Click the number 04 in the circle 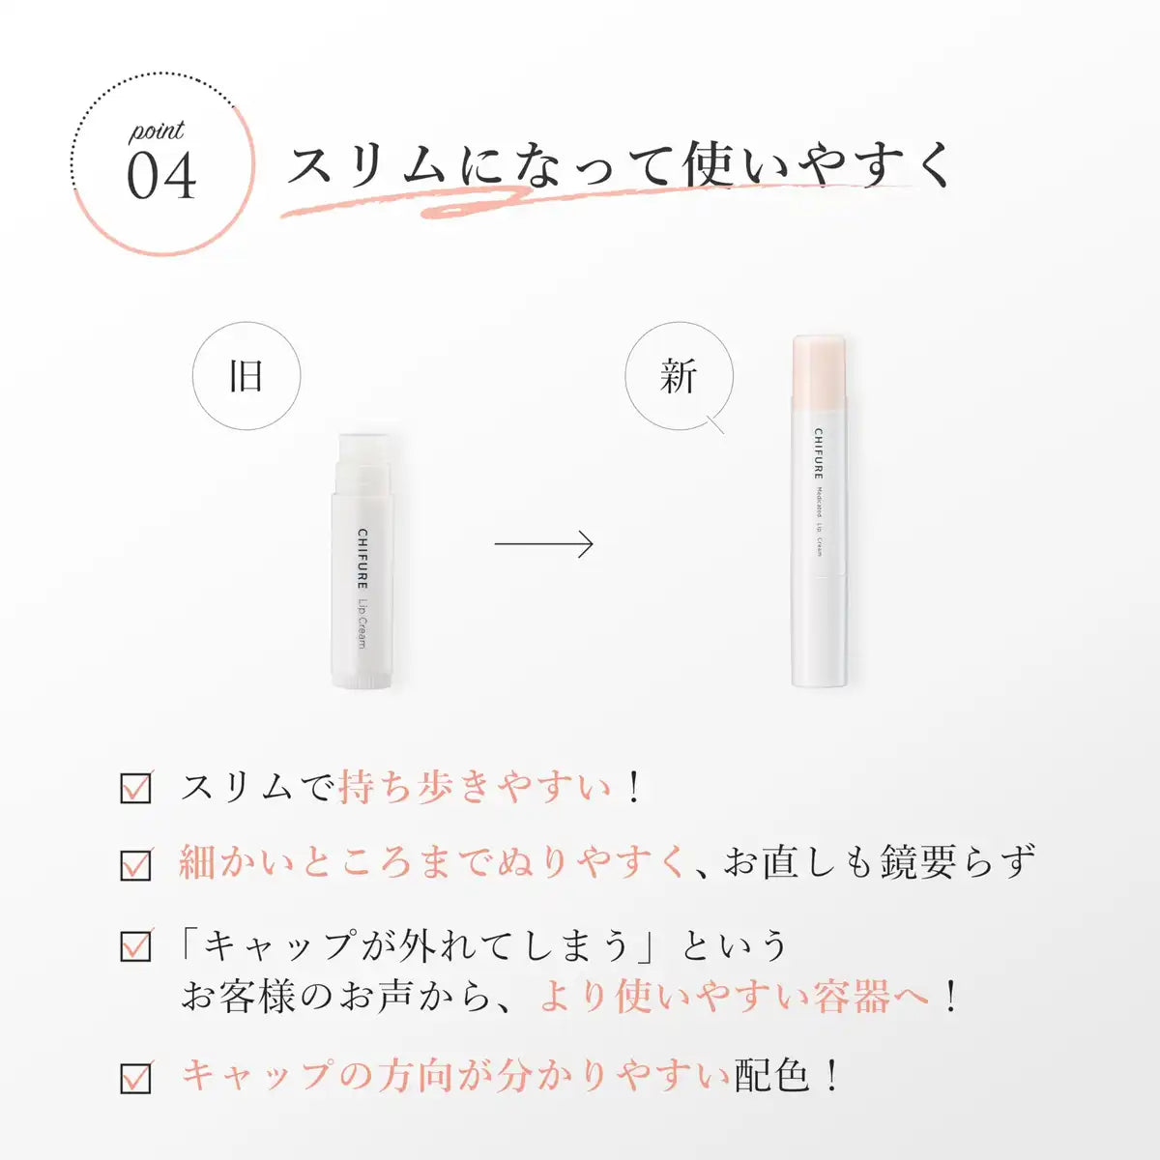[x=161, y=176]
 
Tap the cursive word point [x=157, y=131]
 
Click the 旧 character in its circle [x=246, y=376]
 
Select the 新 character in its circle [x=679, y=376]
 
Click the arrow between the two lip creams [x=543, y=543]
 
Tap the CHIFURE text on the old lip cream [x=362, y=559]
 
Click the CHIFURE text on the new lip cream [x=819, y=454]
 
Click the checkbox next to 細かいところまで [x=136, y=864]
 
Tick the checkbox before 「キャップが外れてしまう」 [x=136, y=945]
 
